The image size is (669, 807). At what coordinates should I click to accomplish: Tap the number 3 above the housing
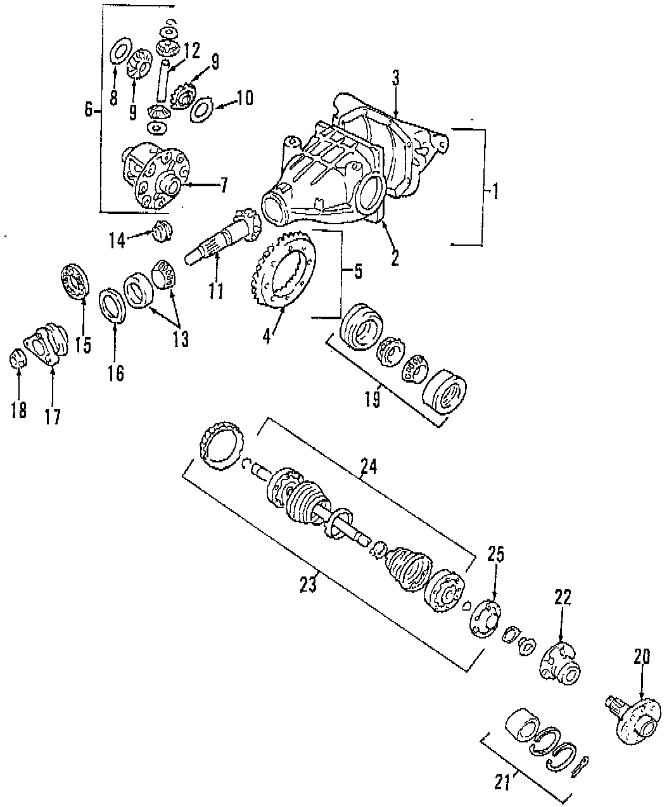pyautogui.click(x=395, y=79)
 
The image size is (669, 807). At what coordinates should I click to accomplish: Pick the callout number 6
pyautogui.click(x=89, y=110)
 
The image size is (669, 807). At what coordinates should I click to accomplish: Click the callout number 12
pyautogui.click(x=191, y=49)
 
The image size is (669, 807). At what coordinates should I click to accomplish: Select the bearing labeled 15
pyautogui.click(x=76, y=283)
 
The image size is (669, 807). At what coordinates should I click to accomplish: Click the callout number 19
pyautogui.click(x=373, y=400)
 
